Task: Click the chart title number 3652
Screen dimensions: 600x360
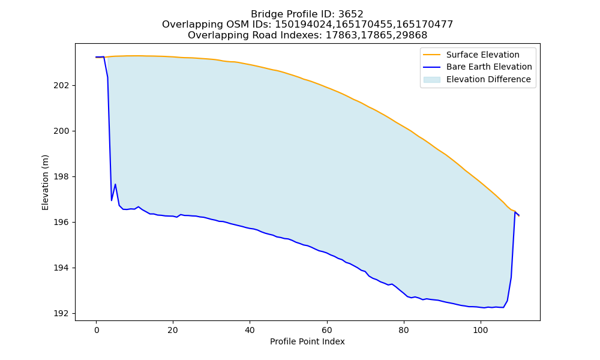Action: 350,14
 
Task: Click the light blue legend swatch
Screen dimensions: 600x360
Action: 431,80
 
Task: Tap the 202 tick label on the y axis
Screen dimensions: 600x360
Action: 61,85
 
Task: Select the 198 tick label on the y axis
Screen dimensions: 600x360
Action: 61,177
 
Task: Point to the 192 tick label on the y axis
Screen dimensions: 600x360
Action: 61,314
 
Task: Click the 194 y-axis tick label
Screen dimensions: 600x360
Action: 61,268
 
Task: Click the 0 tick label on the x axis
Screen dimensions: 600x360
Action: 97,330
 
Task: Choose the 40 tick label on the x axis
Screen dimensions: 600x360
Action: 250,330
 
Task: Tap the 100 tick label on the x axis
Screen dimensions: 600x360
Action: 481,330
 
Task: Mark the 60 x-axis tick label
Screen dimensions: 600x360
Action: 327,330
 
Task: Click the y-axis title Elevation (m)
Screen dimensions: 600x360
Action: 45,182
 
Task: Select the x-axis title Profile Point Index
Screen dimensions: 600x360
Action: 307,341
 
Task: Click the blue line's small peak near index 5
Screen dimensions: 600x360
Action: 115,184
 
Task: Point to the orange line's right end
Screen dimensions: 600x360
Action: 519,216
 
